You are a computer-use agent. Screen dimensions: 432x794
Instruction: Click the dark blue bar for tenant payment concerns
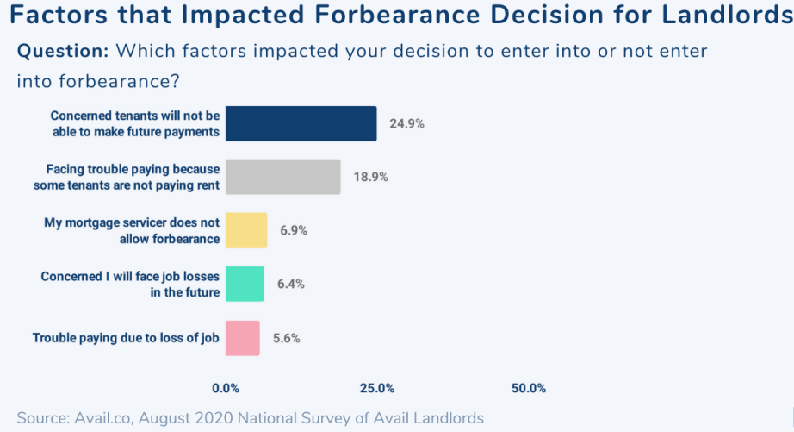tap(301, 123)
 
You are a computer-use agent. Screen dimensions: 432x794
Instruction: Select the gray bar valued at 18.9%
tap(282, 177)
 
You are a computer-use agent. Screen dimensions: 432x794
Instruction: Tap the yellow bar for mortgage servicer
tap(246, 230)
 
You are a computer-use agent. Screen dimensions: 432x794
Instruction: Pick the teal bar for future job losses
tap(245, 284)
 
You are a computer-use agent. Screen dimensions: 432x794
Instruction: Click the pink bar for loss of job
tap(242, 338)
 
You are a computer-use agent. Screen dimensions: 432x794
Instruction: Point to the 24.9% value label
tap(406, 123)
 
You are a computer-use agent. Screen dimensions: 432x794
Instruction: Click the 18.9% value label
tap(370, 177)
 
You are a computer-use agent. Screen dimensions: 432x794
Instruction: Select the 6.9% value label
tap(294, 231)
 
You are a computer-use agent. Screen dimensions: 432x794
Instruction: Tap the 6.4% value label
tap(290, 285)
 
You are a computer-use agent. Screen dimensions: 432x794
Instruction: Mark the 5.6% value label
tap(286, 338)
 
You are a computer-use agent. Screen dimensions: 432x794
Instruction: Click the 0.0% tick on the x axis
tap(226, 388)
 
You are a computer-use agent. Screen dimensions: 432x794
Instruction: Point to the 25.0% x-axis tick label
tap(377, 388)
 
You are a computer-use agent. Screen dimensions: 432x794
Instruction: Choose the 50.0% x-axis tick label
tap(529, 388)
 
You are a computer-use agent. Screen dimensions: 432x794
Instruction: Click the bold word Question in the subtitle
tap(63, 51)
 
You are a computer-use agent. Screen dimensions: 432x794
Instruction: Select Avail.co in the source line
tap(101, 418)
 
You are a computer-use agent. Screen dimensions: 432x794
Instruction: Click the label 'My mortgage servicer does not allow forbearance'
tap(132, 230)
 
